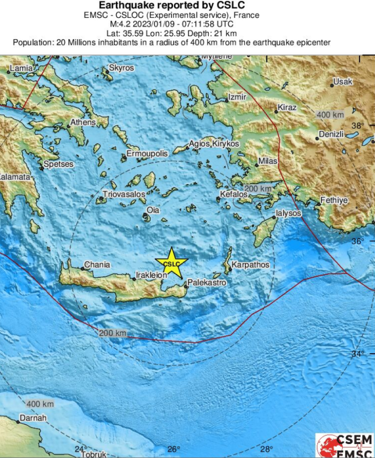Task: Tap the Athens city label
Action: pyautogui.click(x=83, y=122)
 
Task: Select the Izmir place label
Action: pyautogui.click(x=237, y=97)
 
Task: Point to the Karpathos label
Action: pyautogui.click(x=251, y=265)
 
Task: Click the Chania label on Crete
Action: pyautogui.click(x=97, y=265)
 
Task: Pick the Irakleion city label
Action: pyautogui.click(x=151, y=275)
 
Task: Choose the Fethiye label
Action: pyautogui.click(x=334, y=200)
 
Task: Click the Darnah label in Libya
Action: pyautogui.click(x=33, y=418)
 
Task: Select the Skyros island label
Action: pyautogui.click(x=121, y=68)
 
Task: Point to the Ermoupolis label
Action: pyautogui.click(x=147, y=154)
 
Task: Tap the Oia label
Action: pyautogui.click(x=153, y=210)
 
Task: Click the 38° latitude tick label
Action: pyautogui.click(x=358, y=126)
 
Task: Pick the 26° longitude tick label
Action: pyautogui.click(x=173, y=449)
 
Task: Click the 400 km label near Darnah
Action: pyautogui.click(x=40, y=403)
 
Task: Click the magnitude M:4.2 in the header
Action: pyautogui.click(x=120, y=24)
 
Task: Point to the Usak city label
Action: pyautogui.click(x=343, y=81)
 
